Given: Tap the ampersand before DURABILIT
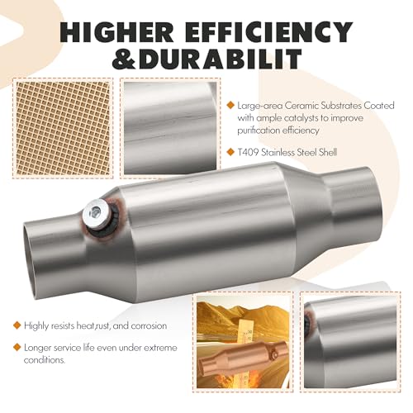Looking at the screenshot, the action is (124, 59).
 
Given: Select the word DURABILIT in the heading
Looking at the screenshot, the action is (220, 59).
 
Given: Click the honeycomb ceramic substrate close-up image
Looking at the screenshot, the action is (63, 128).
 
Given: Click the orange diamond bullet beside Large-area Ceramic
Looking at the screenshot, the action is (230, 105).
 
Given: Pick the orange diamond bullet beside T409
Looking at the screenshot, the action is (230, 152).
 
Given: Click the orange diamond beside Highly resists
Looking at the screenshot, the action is (17, 325).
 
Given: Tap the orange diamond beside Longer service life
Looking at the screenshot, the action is (17, 347).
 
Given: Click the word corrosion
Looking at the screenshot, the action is (149, 325).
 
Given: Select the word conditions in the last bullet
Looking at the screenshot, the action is (45, 360).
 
